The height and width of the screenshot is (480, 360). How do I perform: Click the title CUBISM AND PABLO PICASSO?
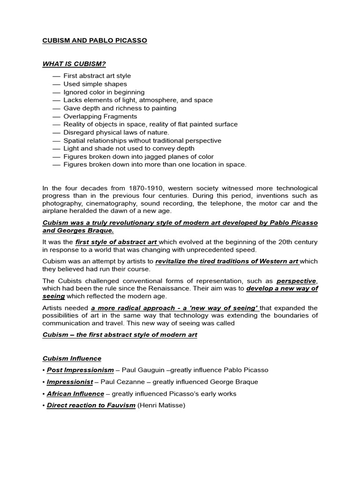95,41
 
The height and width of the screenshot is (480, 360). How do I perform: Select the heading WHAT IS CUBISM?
74,64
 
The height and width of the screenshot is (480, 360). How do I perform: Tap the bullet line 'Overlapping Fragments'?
100,116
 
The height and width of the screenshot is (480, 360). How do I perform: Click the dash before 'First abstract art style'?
56,76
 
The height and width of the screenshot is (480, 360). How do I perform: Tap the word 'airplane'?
55,211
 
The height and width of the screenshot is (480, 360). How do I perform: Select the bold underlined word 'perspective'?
296,281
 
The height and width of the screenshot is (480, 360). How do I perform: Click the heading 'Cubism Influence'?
72,359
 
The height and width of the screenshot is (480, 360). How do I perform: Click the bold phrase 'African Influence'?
75,394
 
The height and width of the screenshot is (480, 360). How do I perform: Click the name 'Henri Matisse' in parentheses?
161,405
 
